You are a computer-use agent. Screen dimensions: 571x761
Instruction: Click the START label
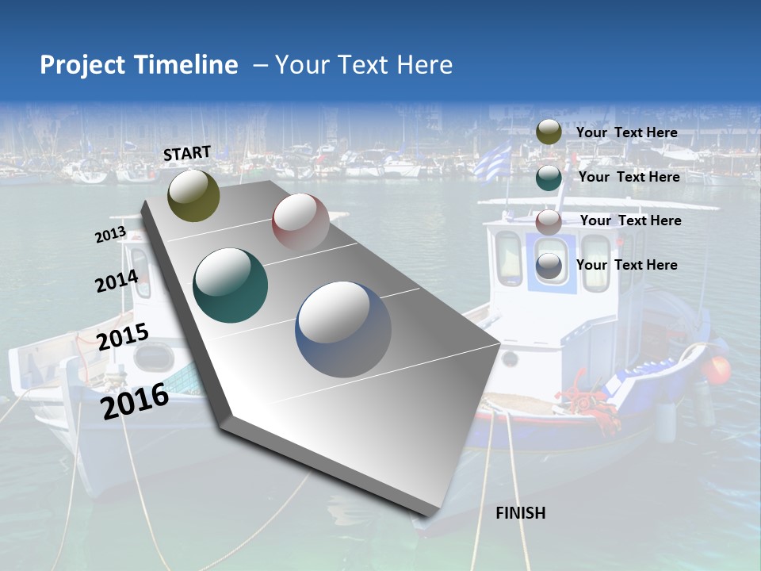(187, 153)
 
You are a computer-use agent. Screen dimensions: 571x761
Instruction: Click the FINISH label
(520, 513)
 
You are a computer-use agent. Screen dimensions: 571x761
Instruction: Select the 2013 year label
(110, 235)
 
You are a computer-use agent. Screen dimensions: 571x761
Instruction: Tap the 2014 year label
(117, 282)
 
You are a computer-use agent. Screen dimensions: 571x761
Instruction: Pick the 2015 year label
(123, 337)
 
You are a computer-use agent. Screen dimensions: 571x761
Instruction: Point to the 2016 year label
(135, 400)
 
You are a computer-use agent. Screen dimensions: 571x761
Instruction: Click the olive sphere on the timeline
(193, 195)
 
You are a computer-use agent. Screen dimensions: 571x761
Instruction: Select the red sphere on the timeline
(300, 221)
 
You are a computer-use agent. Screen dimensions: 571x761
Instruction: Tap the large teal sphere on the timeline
(231, 285)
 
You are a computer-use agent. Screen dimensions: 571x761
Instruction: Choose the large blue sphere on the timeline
(343, 328)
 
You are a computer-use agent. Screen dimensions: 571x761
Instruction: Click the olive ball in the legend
(549, 132)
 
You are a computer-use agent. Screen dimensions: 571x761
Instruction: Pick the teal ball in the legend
(549, 178)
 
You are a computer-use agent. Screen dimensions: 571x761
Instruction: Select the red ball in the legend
(549, 222)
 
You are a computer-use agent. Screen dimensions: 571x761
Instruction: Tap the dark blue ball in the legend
(549, 267)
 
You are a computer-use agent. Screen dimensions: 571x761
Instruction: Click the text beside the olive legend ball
(626, 132)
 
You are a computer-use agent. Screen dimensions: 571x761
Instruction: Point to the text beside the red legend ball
(630, 220)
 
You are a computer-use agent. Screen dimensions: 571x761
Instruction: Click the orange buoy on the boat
(718, 370)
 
